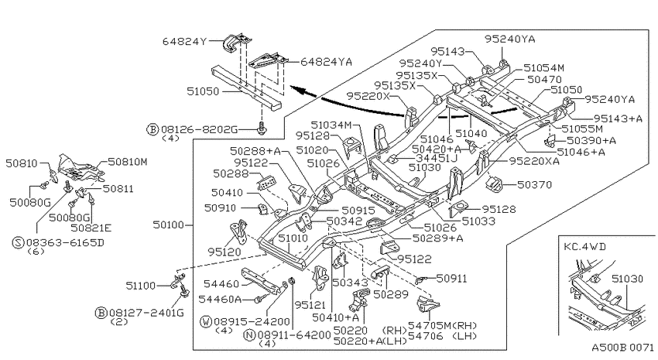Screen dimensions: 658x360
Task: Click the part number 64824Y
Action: tap(185, 42)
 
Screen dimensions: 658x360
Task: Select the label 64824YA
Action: tap(326, 62)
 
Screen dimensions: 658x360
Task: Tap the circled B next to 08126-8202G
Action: tap(153, 129)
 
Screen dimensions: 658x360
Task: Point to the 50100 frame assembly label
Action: tap(168, 225)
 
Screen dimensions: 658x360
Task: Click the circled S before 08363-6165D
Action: tap(18, 242)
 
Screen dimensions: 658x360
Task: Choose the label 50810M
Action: tap(128, 162)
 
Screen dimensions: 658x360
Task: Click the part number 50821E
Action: tap(91, 228)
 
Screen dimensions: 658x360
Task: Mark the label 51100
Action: tap(141, 286)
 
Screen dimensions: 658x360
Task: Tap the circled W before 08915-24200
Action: tap(206, 322)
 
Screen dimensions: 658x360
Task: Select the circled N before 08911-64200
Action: tap(249, 334)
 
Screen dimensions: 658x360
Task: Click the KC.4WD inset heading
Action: tap(585, 246)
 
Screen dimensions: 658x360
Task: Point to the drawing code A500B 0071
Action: tap(622, 348)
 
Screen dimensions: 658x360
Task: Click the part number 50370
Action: tap(534, 184)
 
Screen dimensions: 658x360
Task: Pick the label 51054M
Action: tap(544, 68)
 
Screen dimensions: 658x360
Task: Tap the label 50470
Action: tap(544, 79)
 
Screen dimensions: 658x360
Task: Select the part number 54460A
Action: tap(220, 299)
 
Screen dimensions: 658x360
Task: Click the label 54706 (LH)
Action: tap(443, 336)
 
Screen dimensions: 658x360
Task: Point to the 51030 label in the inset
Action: tap(627, 279)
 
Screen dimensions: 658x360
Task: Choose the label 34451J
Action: tap(437, 158)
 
